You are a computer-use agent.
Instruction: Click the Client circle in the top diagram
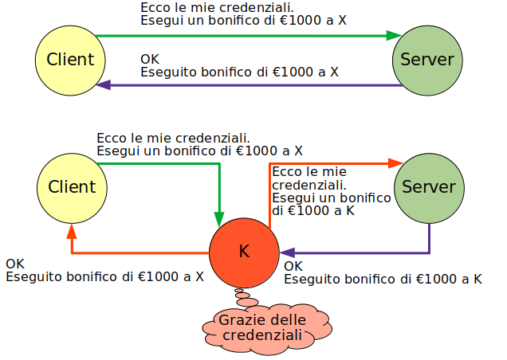pos(70,60)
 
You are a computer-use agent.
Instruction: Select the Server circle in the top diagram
pos(427,60)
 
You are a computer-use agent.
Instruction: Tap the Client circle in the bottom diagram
pos(72,187)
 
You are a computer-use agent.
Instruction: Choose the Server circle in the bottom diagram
pos(429,187)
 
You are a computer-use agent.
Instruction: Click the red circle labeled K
pos(244,252)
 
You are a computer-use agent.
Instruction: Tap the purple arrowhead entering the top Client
pos(103,85)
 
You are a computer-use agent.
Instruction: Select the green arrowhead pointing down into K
pos(219,218)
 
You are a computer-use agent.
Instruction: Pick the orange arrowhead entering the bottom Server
pos(395,163)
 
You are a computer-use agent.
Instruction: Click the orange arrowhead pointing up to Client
pos(72,231)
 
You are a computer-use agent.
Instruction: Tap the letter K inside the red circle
pos(244,252)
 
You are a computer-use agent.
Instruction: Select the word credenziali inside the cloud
pos(263,336)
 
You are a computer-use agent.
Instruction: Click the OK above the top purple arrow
pos(149,60)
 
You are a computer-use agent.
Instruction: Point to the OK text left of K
pos(15,264)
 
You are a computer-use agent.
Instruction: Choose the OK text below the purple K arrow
pos(293,266)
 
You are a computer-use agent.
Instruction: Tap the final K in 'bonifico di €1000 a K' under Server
pos(477,279)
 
